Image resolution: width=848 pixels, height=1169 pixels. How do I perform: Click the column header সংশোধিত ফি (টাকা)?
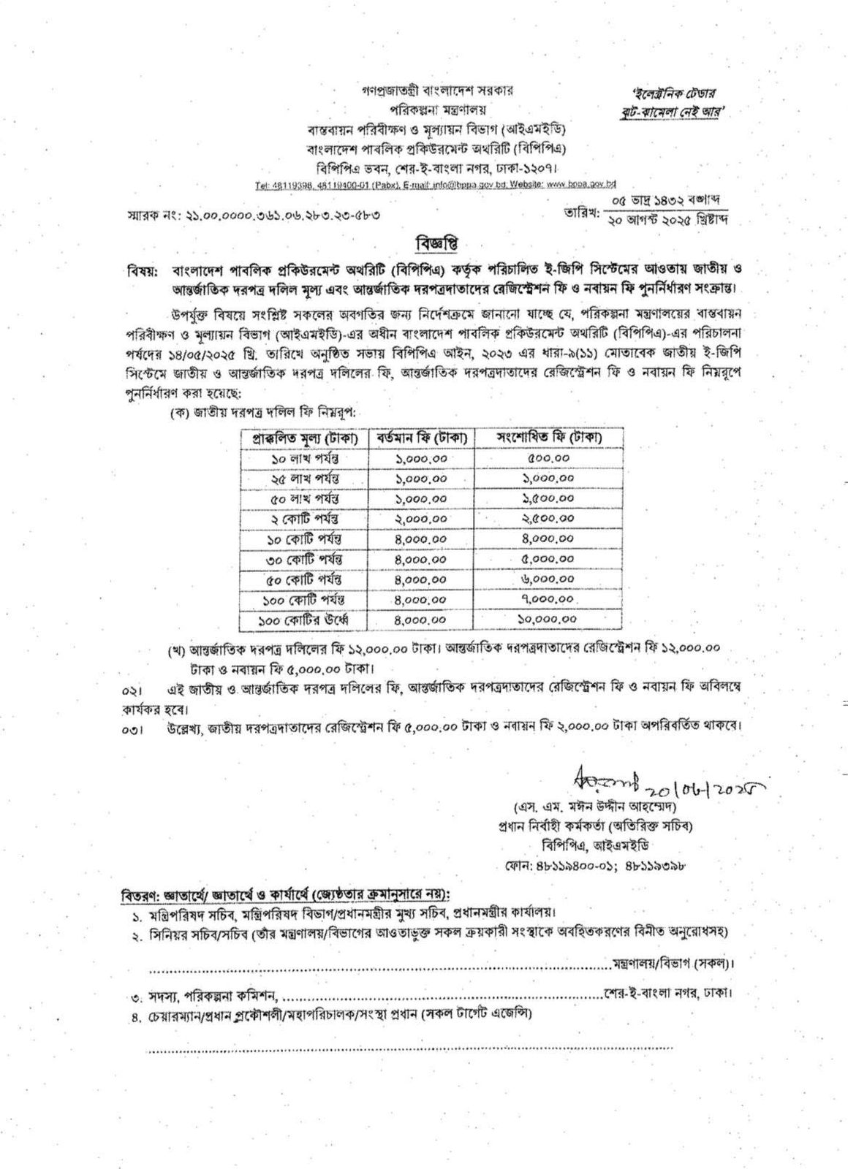pyautogui.click(x=548, y=438)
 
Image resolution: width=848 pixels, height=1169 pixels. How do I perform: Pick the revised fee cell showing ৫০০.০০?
pyautogui.click(x=548, y=458)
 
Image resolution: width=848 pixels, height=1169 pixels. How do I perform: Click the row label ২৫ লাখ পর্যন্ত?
pyautogui.click(x=305, y=479)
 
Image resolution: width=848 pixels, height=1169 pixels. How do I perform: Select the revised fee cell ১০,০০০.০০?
pyautogui.click(x=548, y=620)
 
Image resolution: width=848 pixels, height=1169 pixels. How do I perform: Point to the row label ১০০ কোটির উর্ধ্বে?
pyautogui.click(x=305, y=620)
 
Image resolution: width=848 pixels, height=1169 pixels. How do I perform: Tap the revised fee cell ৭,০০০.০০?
pyautogui.click(x=548, y=600)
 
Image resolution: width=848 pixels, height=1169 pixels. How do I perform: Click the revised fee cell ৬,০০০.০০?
pyautogui.click(x=548, y=579)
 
